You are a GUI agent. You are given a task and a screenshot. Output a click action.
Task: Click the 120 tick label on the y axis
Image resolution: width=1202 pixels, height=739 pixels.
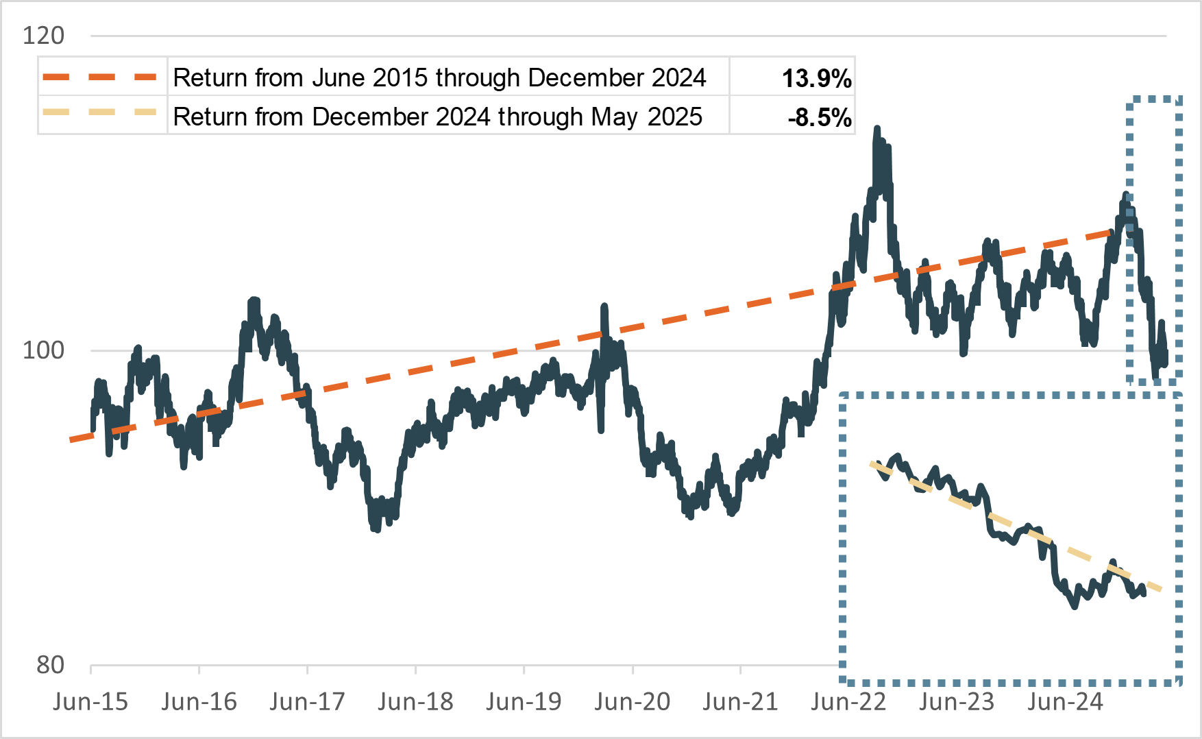[x=43, y=36]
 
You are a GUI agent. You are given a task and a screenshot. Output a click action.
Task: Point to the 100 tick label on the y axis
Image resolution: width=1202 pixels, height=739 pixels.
[x=43, y=350]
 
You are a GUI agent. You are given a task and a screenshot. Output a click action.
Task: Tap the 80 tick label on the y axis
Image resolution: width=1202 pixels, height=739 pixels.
[x=50, y=665]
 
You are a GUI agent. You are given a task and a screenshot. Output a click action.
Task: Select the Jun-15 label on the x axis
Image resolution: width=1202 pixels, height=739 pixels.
[x=90, y=702]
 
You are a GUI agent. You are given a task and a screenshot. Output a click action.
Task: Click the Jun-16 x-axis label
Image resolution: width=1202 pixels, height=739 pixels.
[x=199, y=702]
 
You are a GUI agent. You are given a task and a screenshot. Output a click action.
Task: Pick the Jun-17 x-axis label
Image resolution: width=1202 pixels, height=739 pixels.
[x=307, y=702]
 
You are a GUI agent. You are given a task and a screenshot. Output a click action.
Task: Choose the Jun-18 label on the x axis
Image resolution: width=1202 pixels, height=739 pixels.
[x=415, y=702]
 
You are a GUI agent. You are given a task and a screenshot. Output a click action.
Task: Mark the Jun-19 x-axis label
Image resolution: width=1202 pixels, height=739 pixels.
[x=524, y=702]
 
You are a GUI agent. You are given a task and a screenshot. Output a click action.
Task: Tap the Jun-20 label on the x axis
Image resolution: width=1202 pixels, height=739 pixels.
[x=632, y=702]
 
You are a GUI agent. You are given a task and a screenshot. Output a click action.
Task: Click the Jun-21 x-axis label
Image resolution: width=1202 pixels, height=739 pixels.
[x=740, y=702]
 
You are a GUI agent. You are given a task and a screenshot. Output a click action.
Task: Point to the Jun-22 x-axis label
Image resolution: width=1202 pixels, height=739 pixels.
[x=848, y=702]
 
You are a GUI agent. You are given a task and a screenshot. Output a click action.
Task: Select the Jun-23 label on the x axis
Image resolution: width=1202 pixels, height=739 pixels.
[x=957, y=702]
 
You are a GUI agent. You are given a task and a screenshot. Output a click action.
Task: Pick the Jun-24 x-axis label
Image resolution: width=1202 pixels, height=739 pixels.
[x=1065, y=702]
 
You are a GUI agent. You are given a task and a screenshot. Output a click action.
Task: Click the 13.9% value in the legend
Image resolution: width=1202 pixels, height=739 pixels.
[x=816, y=78]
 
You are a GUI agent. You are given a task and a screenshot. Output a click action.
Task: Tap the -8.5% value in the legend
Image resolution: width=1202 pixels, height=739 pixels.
[x=820, y=117]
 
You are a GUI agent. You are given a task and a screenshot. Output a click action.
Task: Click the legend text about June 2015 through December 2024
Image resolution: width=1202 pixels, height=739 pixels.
[x=439, y=78]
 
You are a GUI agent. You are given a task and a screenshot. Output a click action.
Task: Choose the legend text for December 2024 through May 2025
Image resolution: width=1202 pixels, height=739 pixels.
[x=437, y=117]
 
